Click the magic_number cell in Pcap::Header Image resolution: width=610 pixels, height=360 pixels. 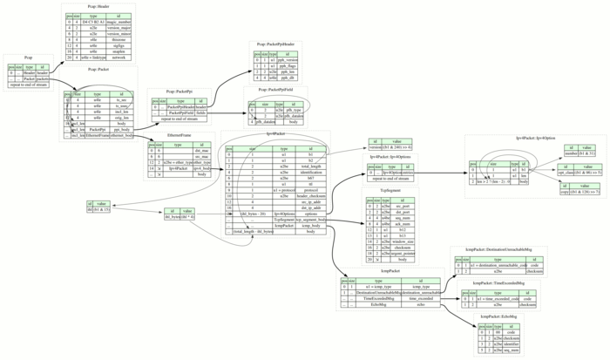click(119, 24)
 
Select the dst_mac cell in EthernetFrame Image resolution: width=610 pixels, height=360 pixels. click(202, 151)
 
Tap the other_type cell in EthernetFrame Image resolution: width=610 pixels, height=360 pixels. click(202, 163)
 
